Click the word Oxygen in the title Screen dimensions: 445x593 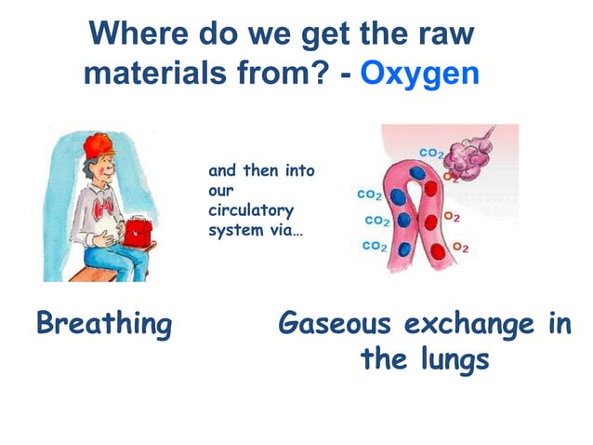419,72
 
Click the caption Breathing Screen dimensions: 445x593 103,324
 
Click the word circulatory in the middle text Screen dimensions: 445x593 250,211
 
